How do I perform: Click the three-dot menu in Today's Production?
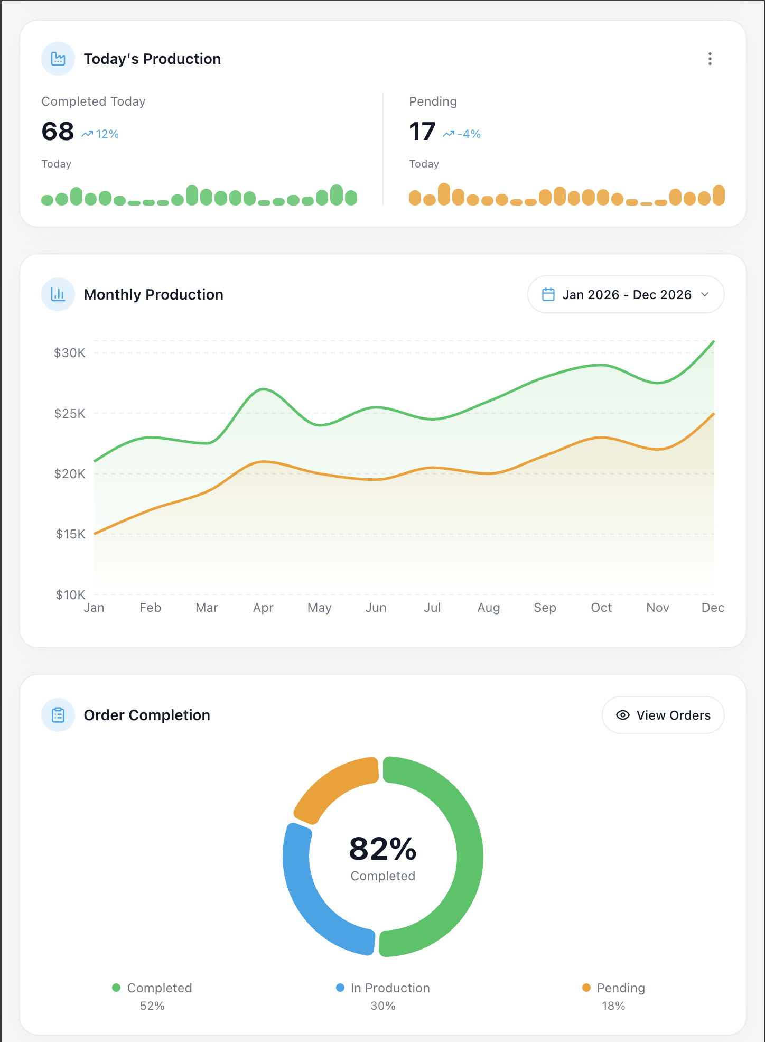[710, 59]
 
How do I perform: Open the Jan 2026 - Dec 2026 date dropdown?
[626, 294]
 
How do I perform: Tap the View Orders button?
[663, 715]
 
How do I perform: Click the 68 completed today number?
[58, 132]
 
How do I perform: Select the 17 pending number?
[422, 132]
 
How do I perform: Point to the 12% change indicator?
[100, 134]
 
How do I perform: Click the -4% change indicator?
[462, 134]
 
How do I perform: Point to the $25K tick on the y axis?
[69, 413]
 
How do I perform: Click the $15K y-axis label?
[70, 534]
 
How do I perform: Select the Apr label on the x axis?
[263, 608]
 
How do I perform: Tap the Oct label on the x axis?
[601, 608]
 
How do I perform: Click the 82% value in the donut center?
[383, 849]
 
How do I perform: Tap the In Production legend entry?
[383, 988]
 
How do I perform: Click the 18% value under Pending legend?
[613, 1006]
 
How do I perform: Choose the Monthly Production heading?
[154, 294]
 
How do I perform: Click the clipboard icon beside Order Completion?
[58, 715]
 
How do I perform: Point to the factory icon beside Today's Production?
[58, 59]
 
